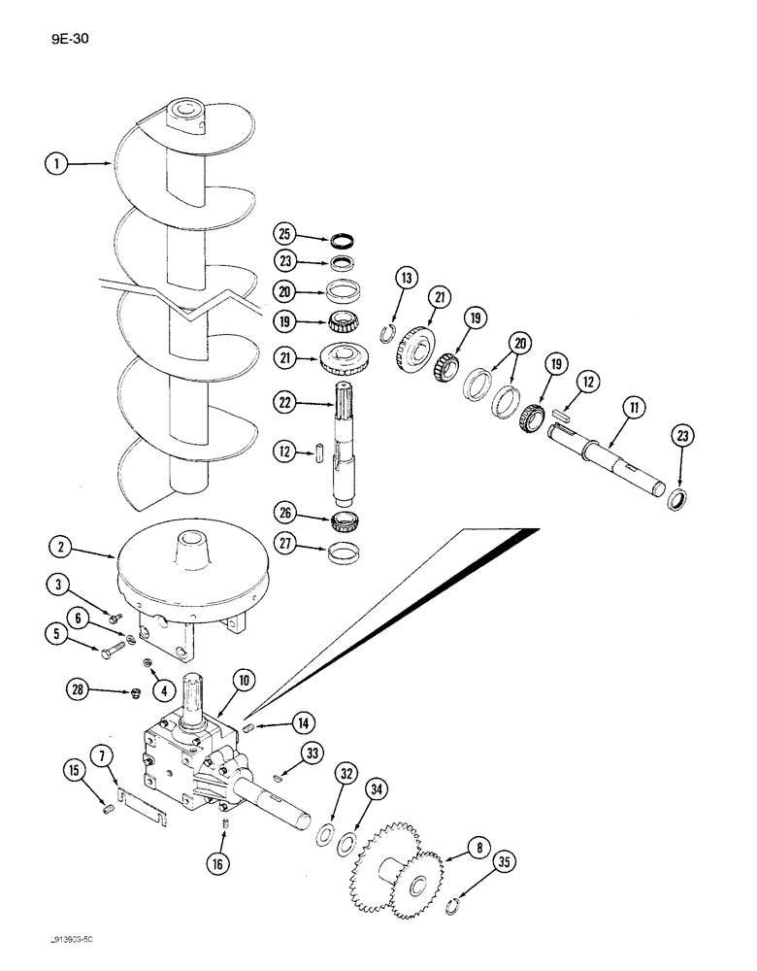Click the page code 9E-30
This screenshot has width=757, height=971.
pos(69,41)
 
